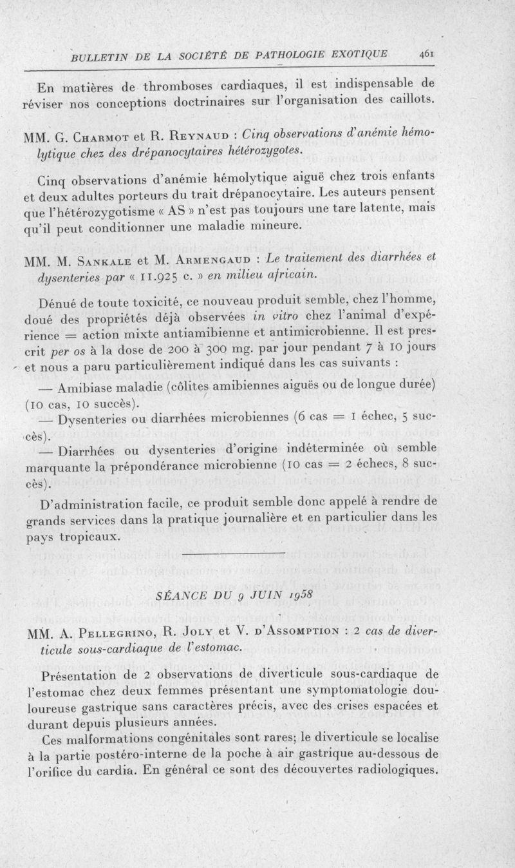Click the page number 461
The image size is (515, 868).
[x=426, y=54]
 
